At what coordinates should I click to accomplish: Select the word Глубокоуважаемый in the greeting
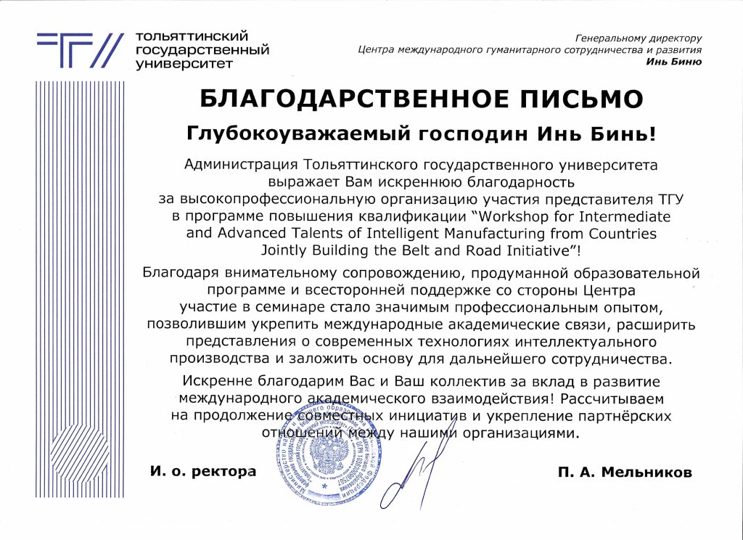(284, 134)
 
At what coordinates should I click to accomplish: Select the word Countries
(620, 234)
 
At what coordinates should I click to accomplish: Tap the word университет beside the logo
(184, 63)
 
